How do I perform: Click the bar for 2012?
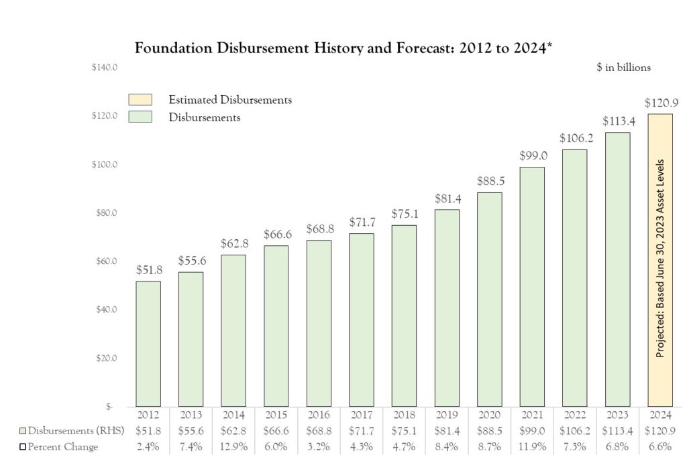(x=148, y=343)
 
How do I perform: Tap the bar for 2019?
(x=447, y=308)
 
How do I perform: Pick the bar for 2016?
(x=319, y=323)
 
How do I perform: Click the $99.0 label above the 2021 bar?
(x=532, y=155)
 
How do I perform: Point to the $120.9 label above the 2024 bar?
(x=659, y=103)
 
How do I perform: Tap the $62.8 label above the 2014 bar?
(x=233, y=244)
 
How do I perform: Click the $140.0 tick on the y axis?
(x=105, y=68)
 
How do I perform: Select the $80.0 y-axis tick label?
(x=106, y=213)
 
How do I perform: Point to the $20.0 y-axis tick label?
(x=106, y=358)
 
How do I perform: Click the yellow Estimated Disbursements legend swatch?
(x=141, y=100)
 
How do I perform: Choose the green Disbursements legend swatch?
(x=141, y=117)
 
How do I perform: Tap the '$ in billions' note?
(x=623, y=68)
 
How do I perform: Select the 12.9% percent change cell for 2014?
(x=233, y=447)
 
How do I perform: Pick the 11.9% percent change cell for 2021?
(x=532, y=447)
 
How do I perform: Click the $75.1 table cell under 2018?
(x=404, y=431)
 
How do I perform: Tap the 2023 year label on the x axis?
(x=617, y=415)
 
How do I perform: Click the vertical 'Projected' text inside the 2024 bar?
(x=660, y=258)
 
